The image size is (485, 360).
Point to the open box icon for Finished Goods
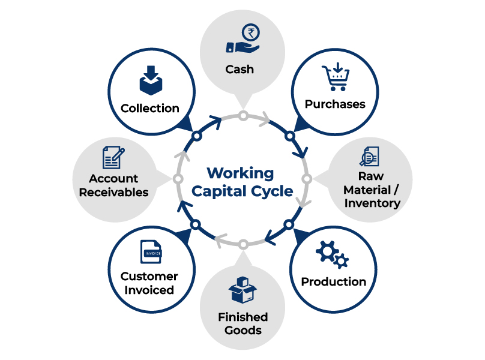pos(242,290)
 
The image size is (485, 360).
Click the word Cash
pos(239,69)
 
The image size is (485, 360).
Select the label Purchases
pos(334,104)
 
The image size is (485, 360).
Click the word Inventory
pos(372,203)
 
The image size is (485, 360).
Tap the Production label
pos(333,281)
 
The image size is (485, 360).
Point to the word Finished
pos(242,317)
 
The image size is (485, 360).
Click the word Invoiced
pos(150,290)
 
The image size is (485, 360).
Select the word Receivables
pos(113,192)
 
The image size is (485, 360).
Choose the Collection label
pos(149,109)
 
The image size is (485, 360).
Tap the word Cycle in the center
pos(272,191)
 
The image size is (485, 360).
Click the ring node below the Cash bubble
pos(243,115)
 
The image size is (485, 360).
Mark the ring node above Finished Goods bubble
pos(242,244)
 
